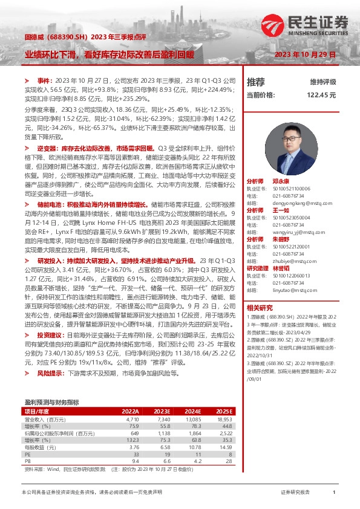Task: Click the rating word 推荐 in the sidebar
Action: click(256, 82)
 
